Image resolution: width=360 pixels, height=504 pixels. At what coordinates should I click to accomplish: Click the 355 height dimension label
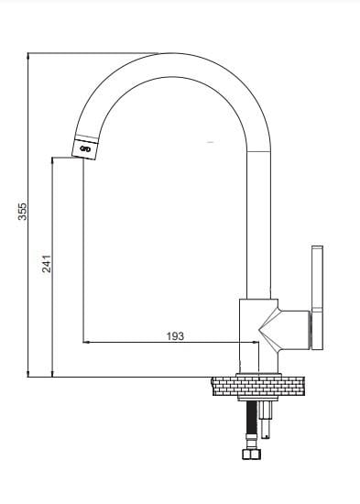click(23, 211)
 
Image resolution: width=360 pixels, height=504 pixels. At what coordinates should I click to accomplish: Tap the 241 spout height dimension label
click(47, 264)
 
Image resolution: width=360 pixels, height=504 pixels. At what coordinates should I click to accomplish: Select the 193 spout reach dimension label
click(175, 336)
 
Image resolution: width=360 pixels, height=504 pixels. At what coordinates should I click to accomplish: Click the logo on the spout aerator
click(85, 148)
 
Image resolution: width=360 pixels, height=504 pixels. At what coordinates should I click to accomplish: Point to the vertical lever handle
click(317, 298)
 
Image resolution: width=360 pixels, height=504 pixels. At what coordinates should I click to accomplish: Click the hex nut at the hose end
click(251, 455)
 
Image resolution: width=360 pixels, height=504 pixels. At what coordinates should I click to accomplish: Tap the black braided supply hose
click(251, 418)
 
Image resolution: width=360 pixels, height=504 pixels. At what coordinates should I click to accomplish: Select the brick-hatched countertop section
click(257, 386)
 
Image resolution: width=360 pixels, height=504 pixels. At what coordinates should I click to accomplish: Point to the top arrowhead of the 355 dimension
click(28, 56)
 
